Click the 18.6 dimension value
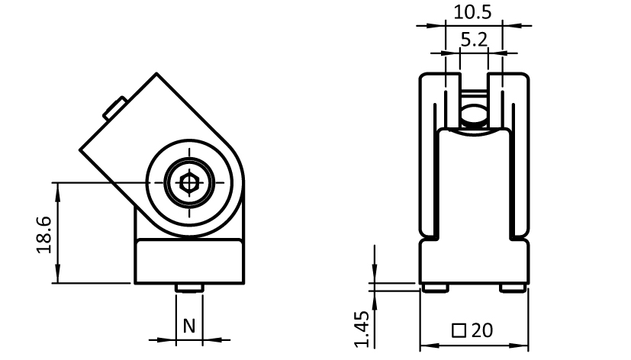click(44, 235)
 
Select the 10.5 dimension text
click(472, 12)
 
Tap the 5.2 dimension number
click(474, 40)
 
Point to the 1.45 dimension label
click(362, 329)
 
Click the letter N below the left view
click(189, 326)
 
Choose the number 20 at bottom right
click(481, 330)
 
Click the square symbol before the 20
click(459, 331)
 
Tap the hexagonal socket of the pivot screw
click(188, 183)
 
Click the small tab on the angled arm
click(115, 108)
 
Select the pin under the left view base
click(188, 288)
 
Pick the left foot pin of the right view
click(435, 288)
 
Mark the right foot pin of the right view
click(513, 288)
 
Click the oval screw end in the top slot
click(474, 114)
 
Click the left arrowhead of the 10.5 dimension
click(437, 26)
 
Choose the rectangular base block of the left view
click(189, 262)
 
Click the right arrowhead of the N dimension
click(211, 340)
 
